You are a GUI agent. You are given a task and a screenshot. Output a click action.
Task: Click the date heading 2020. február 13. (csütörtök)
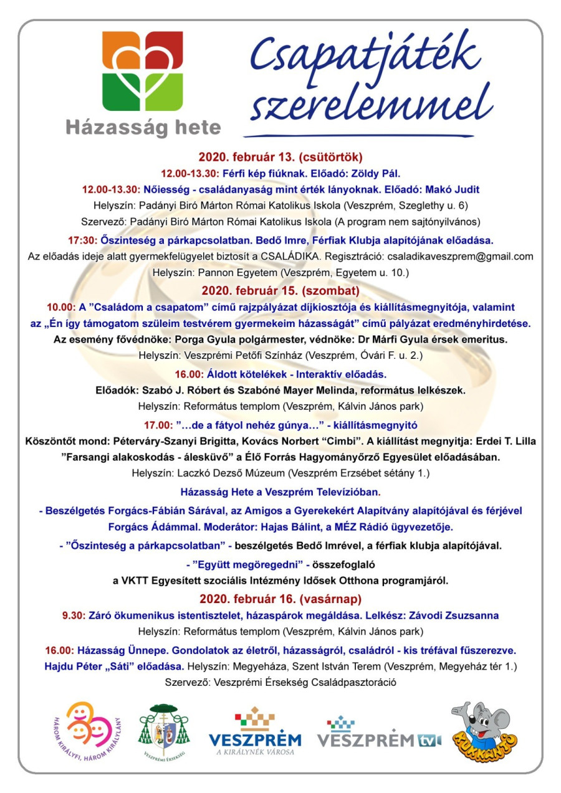(280, 156)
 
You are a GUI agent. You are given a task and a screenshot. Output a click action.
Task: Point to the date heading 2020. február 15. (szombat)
(280, 290)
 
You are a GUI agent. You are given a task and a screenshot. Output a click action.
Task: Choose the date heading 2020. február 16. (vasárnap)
(280, 599)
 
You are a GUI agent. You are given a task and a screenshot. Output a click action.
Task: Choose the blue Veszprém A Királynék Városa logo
(254, 732)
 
